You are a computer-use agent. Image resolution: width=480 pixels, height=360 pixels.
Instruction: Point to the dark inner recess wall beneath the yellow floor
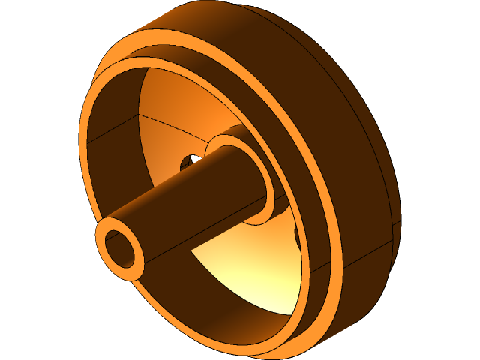pos(225,315)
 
